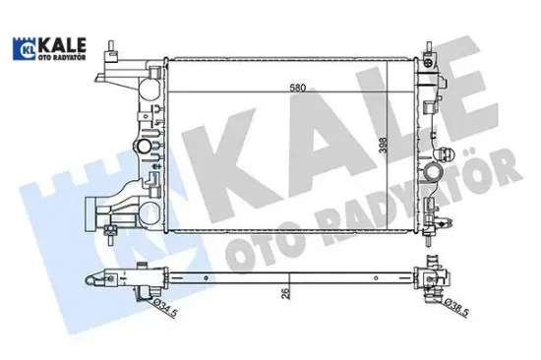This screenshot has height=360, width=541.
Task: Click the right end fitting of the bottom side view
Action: click(x=433, y=280)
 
